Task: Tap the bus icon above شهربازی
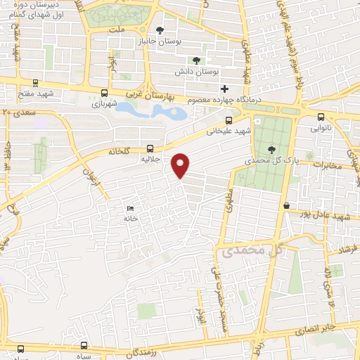coord(105,93)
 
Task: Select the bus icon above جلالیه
coord(150,148)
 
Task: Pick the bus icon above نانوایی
coord(321,117)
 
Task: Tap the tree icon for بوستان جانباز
coord(160,30)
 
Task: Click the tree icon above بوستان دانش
coord(196,60)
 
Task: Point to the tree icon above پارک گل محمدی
coord(272,148)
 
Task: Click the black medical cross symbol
coord(224,89)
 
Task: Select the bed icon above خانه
coord(129,208)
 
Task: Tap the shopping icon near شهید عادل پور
coord(286,205)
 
